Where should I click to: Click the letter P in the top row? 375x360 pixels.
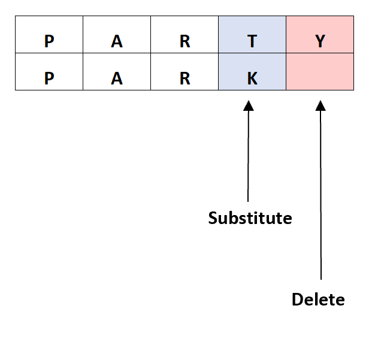49,41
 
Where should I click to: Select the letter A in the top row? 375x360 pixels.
117,41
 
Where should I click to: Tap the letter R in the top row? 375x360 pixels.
185,41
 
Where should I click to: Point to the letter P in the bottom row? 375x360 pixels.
49,79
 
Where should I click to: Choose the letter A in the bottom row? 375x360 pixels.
117,79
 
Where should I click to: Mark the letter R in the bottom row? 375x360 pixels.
185,79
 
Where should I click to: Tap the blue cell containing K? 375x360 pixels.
252,72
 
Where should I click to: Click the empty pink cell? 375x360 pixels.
320,72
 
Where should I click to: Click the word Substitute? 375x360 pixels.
250,218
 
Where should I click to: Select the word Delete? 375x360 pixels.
318,299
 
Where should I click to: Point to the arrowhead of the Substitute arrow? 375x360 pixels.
248,106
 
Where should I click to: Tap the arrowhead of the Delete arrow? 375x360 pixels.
320,106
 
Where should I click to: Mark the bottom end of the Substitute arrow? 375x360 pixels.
248,201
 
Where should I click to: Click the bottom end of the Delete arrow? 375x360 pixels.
321,279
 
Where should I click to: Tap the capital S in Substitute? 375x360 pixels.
213,218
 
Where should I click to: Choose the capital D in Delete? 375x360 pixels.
297,299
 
